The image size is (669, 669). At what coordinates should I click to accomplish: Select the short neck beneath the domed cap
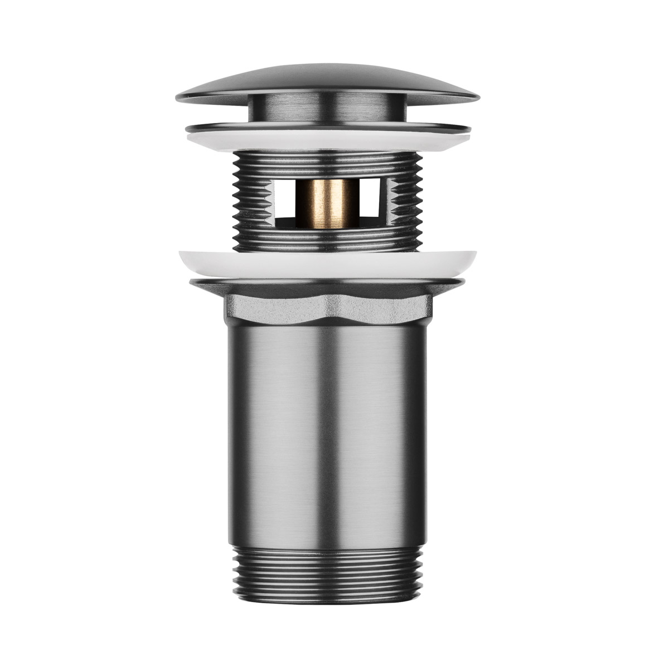[334, 109]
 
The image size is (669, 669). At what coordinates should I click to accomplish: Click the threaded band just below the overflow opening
[334, 241]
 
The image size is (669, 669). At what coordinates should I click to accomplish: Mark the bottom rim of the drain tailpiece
[334, 593]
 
